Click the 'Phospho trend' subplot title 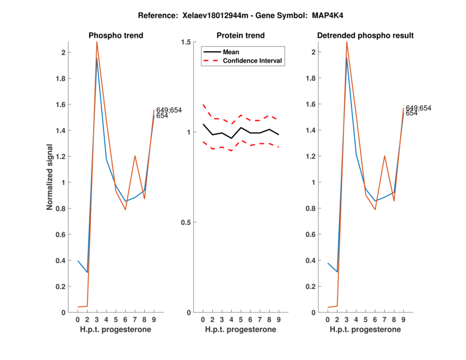pyautogui.click(x=116, y=36)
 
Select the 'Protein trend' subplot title pyautogui.click(x=241, y=36)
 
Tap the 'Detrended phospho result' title pyautogui.click(x=365, y=36)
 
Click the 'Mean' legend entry pyautogui.click(x=231, y=52)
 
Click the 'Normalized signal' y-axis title pyautogui.click(x=51, y=177)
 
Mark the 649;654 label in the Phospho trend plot pyautogui.click(x=169, y=110)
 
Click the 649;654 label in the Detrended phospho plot pyautogui.click(x=418, y=108)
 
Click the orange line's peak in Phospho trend pyautogui.click(x=97, y=42)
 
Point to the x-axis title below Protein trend pyautogui.click(x=241, y=330)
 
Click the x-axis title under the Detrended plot pyautogui.click(x=365, y=330)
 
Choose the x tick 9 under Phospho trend pyautogui.click(x=154, y=319)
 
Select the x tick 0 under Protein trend pyautogui.click(x=203, y=319)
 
